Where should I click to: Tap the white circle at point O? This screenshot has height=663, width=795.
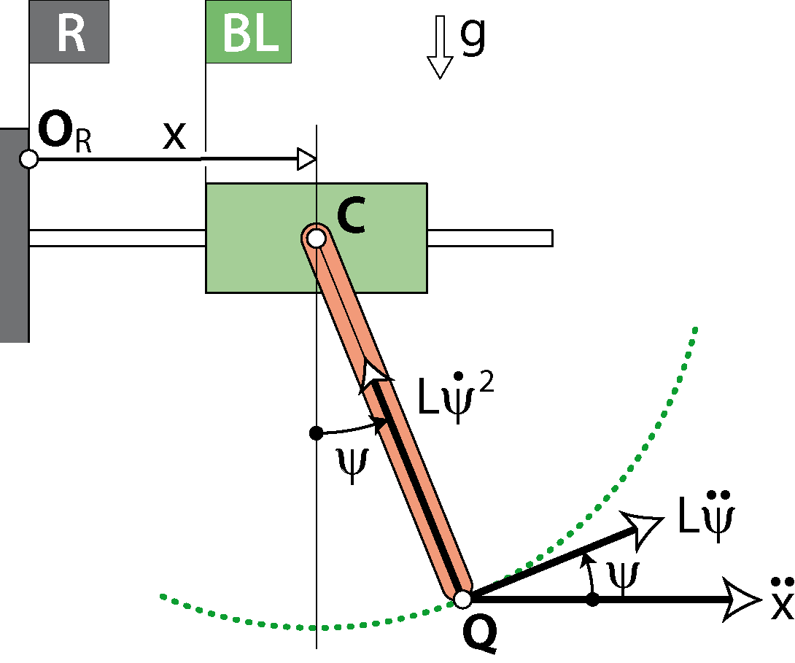(28, 158)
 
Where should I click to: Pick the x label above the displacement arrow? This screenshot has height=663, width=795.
(174, 136)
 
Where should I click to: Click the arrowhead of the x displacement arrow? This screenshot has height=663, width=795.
(306, 158)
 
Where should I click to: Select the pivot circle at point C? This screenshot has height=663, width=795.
(315, 237)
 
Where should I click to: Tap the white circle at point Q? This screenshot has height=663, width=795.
(462, 600)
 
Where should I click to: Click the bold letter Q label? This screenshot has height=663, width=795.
(480, 635)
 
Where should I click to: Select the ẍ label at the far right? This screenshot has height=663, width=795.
(782, 600)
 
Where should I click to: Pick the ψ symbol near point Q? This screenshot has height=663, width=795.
(624, 574)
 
